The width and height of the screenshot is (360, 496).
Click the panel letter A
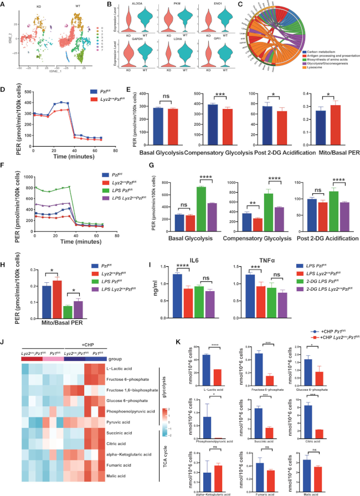tap(4, 4)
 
